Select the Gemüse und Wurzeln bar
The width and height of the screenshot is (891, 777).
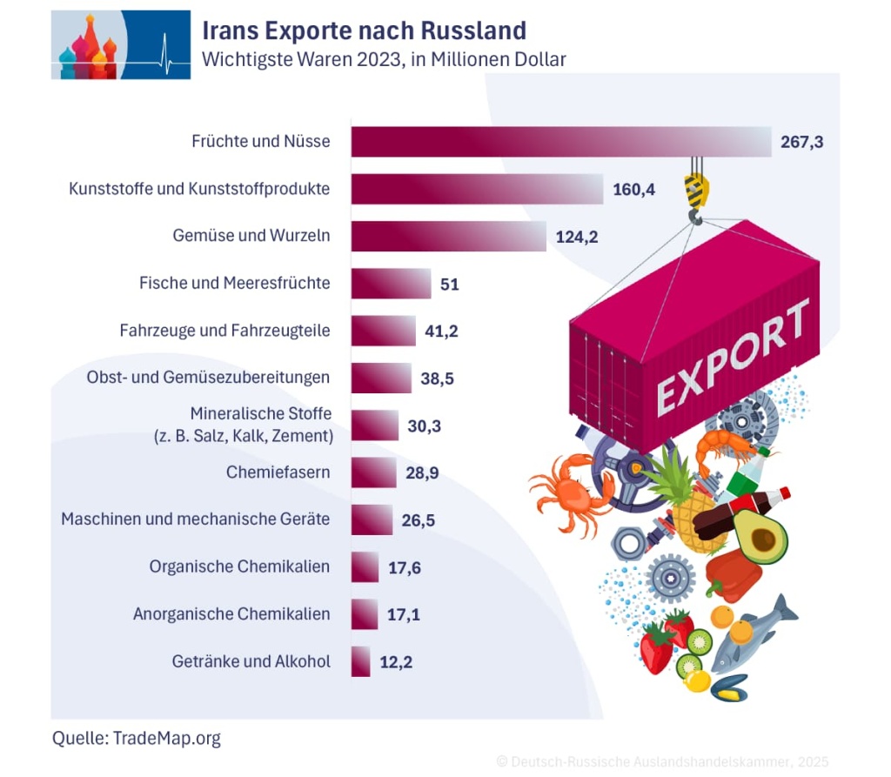click(x=448, y=236)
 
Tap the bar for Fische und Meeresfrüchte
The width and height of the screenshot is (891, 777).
click(x=391, y=284)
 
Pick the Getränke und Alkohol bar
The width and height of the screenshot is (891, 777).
click(x=360, y=661)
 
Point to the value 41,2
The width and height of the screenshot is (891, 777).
click(x=440, y=331)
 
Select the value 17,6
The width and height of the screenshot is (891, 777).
click(x=405, y=567)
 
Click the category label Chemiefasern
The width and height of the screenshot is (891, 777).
click(x=277, y=473)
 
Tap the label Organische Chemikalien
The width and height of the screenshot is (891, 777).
click(x=239, y=566)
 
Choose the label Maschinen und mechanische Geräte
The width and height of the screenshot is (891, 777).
click(x=196, y=519)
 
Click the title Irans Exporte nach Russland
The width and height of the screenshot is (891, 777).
click(x=364, y=31)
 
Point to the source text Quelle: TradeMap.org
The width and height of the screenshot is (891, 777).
click(x=137, y=739)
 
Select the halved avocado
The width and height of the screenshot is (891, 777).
click(x=760, y=538)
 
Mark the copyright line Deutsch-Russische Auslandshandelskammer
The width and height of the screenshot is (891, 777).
click(x=662, y=761)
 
